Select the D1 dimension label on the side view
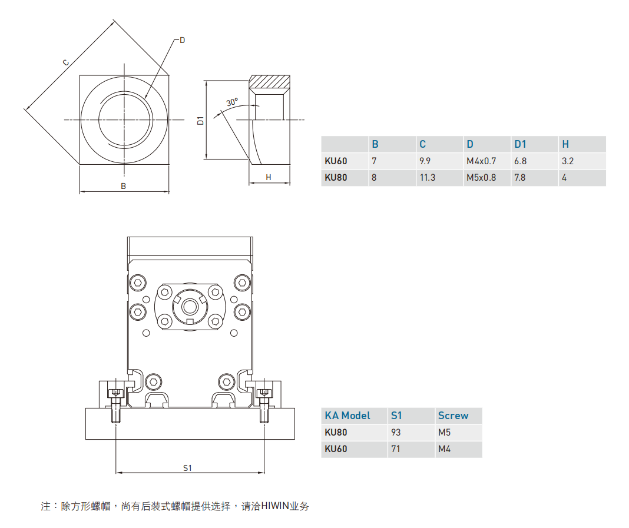tap(200, 120)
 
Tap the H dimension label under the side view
tap(268, 177)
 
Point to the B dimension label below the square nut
tap(124, 186)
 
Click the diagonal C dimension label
tap(66, 62)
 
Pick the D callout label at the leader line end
tap(182, 40)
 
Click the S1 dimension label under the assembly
tap(188, 468)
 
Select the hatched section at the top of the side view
tap(269, 82)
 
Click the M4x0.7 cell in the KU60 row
tap(481, 161)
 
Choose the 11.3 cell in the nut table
tap(427, 177)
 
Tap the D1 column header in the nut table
tap(520, 144)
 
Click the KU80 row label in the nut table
tap(336, 177)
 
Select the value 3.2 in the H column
tap(567, 161)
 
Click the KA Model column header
tap(347, 416)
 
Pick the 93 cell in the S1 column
tap(395, 433)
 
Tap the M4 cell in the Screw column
tap(444, 449)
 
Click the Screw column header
tap(453, 416)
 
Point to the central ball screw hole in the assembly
tap(190, 305)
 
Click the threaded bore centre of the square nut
tap(124, 120)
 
